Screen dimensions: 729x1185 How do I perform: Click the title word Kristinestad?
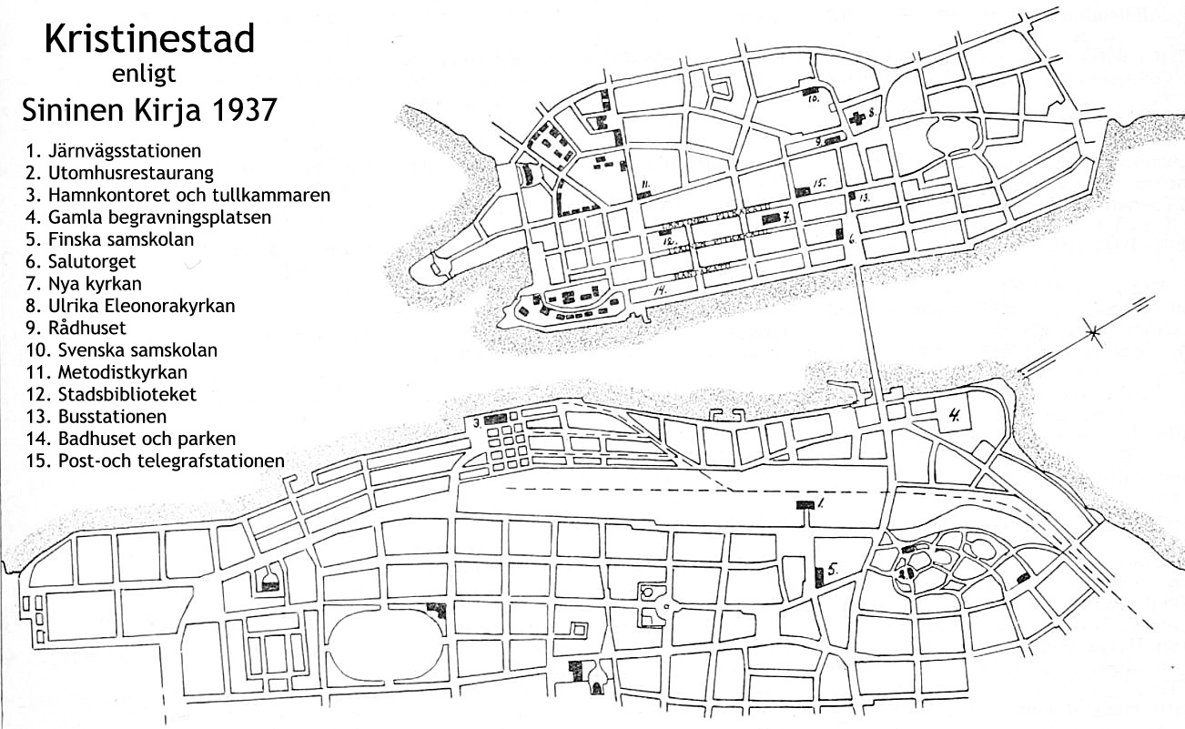(149, 39)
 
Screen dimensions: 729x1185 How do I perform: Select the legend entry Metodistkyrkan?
(110, 372)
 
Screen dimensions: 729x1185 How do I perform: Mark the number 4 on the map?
(954, 417)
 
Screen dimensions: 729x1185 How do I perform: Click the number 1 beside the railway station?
(820, 503)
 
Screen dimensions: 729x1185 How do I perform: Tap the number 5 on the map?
(834, 572)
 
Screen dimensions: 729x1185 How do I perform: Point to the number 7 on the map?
(785, 217)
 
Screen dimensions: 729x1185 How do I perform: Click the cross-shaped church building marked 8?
(856, 117)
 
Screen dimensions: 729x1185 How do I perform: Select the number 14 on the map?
(661, 289)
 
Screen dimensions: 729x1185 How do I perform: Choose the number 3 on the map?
(475, 422)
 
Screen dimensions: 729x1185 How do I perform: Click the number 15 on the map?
(819, 184)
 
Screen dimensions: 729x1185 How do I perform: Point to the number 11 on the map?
(644, 185)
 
